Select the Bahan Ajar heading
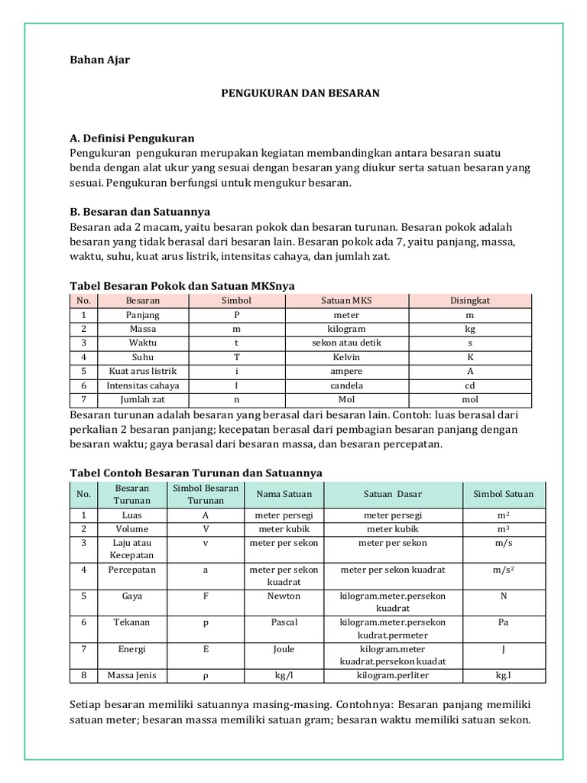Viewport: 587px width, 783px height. click(x=99, y=60)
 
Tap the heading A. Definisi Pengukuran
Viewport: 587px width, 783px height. click(x=131, y=138)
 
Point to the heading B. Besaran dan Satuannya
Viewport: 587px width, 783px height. click(x=140, y=211)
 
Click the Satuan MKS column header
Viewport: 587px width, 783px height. click(x=346, y=301)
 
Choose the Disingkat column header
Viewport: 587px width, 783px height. click(x=470, y=301)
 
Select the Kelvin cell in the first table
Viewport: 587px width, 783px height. click(x=346, y=356)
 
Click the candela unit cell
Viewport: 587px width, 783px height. click(x=346, y=385)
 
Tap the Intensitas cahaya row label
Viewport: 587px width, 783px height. click(x=143, y=385)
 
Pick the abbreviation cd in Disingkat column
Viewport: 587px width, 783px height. click(x=470, y=385)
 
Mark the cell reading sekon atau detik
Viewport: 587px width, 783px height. click(x=346, y=343)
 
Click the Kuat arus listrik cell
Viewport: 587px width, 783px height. click(x=143, y=371)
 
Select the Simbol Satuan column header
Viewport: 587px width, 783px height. click(x=503, y=494)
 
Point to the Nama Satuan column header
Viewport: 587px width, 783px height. click(x=284, y=494)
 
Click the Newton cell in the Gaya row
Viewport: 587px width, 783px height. click(x=284, y=596)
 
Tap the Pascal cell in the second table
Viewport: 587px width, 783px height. click(x=284, y=622)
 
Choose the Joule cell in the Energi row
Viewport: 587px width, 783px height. click(x=284, y=649)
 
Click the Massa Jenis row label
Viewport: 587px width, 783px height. click(x=132, y=675)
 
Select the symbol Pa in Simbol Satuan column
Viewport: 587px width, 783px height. click(x=503, y=622)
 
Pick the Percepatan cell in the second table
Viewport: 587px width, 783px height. click(x=132, y=570)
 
